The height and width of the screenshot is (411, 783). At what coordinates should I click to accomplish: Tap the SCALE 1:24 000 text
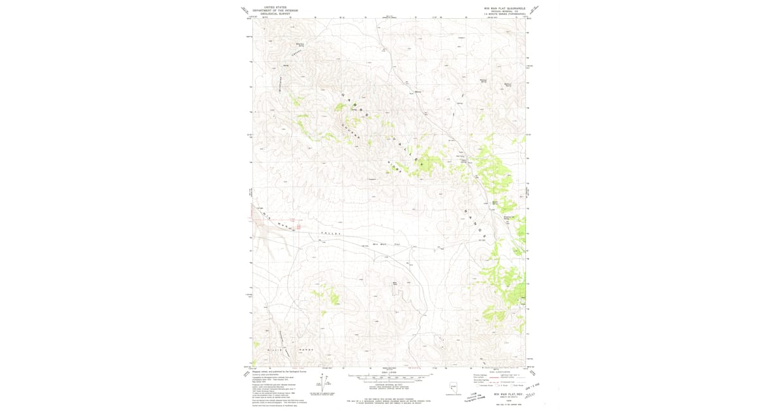(x=389, y=373)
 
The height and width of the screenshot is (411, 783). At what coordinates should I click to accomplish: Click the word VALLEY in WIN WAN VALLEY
(x=331, y=234)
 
